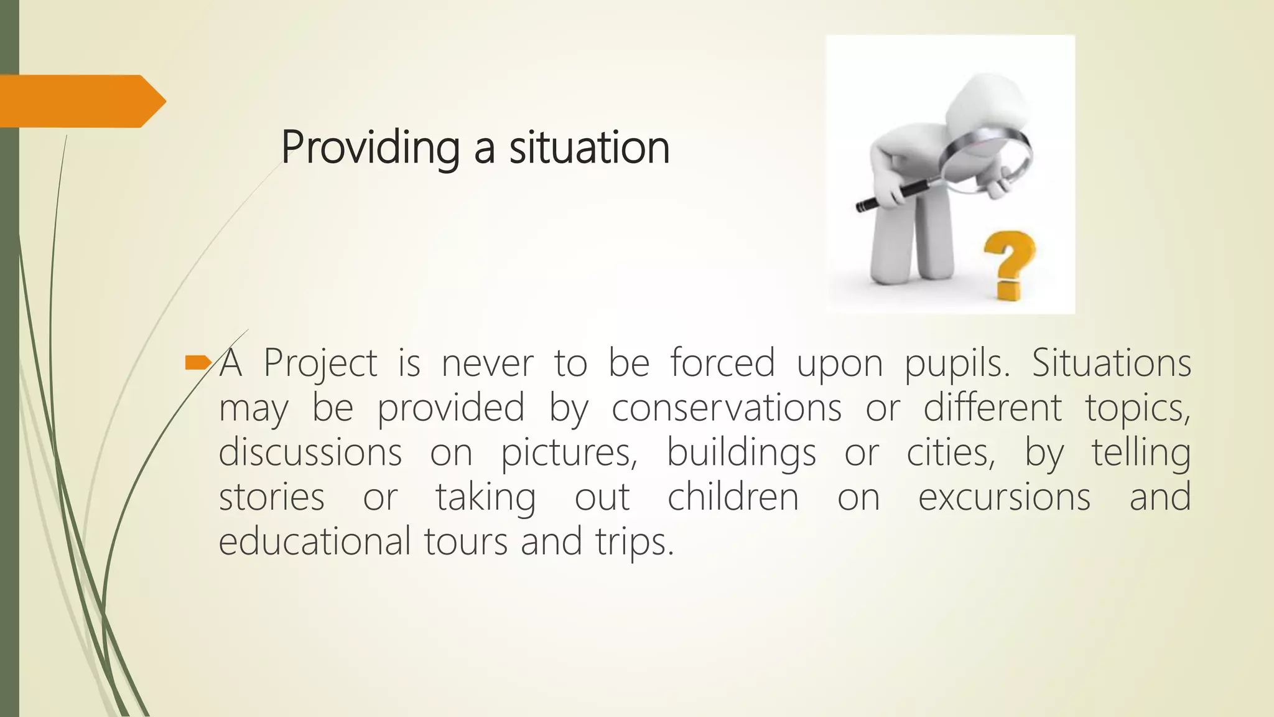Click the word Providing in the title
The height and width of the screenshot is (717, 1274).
[370, 148]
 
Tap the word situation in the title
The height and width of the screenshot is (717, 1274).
[589, 148]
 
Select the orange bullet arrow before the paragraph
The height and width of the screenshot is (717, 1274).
[198, 362]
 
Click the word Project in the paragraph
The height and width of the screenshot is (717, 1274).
[320, 363]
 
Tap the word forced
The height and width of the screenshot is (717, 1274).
[723, 362]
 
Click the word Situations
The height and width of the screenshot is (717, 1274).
[1112, 362]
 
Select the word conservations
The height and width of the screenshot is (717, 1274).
[727, 408]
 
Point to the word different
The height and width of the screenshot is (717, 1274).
[993, 407]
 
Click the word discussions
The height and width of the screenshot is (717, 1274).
[310, 452]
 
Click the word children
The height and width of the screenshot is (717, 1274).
[733, 497]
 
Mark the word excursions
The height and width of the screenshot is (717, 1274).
[1004, 497]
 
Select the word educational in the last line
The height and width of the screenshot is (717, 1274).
[314, 540]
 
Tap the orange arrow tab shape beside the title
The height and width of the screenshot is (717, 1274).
[81, 101]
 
